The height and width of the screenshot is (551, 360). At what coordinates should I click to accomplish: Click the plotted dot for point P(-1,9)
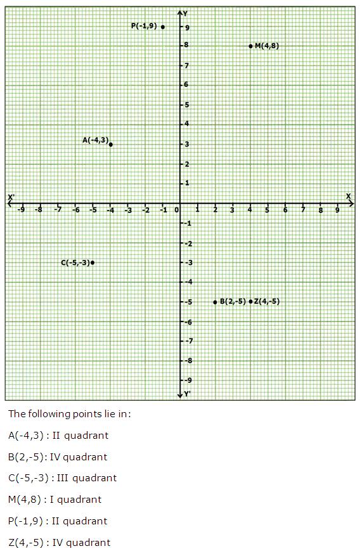pyautogui.click(x=163, y=27)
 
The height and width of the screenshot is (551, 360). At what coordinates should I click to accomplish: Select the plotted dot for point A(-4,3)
pyautogui.click(x=111, y=145)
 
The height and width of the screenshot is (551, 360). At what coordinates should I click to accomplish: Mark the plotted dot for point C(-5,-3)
pyautogui.click(x=93, y=263)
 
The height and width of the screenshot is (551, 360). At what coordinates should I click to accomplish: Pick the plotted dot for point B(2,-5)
pyautogui.click(x=215, y=302)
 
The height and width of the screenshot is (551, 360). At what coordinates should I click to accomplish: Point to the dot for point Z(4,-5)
pyautogui.click(x=251, y=302)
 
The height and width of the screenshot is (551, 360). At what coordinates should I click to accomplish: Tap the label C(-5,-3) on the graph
pyautogui.click(x=76, y=263)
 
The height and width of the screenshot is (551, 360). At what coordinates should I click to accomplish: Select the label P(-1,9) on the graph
pyautogui.click(x=144, y=26)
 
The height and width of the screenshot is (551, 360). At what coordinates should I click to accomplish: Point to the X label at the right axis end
pyautogui.click(x=349, y=196)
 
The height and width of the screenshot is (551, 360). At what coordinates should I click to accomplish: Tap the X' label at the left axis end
pyautogui.click(x=11, y=197)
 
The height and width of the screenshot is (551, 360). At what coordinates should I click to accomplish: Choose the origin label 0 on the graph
pyautogui.click(x=177, y=210)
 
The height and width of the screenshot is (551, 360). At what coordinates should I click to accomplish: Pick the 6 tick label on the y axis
pyautogui.click(x=187, y=85)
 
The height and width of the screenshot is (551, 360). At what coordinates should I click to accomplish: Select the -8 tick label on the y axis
pyautogui.click(x=188, y=361)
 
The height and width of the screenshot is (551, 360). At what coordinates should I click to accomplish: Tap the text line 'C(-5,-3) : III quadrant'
pyautogui.click(x=62, y=478)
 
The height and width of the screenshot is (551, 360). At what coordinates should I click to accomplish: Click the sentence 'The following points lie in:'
pyautogui.click(x=70, y=414)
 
